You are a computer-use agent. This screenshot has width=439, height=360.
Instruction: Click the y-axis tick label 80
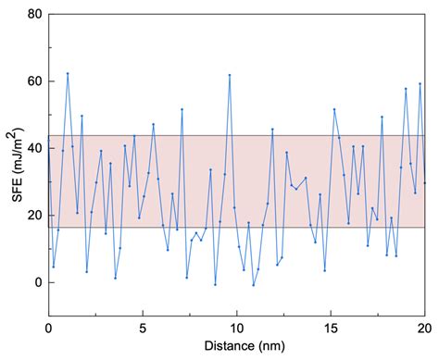(x=31, y=15)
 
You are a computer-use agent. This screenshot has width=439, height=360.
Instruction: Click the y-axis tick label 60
(x=31, y=81)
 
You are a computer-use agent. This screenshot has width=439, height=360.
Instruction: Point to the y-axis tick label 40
(x=31, y=149)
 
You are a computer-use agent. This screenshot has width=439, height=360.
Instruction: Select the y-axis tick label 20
(x=31, y=216)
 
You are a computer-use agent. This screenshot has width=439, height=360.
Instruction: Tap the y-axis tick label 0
(x=35, y=282)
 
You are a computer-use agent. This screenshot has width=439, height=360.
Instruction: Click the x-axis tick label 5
(x=143, y=327)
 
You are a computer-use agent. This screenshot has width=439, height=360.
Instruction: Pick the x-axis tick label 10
(x=237, y=327)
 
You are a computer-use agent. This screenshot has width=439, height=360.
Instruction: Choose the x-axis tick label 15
(x=332, y=327)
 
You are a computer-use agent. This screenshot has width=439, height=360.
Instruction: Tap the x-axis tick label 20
(x=425, y=327)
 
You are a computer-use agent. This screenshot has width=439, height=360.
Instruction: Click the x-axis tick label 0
(x=48, y=327)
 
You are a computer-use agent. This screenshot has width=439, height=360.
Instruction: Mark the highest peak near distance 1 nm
(x=68, y=73)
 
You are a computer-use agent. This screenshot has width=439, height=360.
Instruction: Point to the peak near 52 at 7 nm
(x=182, y=109)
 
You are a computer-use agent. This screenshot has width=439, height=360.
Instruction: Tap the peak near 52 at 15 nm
(x=334, y=109)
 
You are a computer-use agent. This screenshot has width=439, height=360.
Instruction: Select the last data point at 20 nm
(x=425, y=182)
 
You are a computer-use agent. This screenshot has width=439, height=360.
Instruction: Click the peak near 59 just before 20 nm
(x=420, y=84)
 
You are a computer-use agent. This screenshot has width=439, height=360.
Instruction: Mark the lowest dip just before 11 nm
(x=254, y=285)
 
